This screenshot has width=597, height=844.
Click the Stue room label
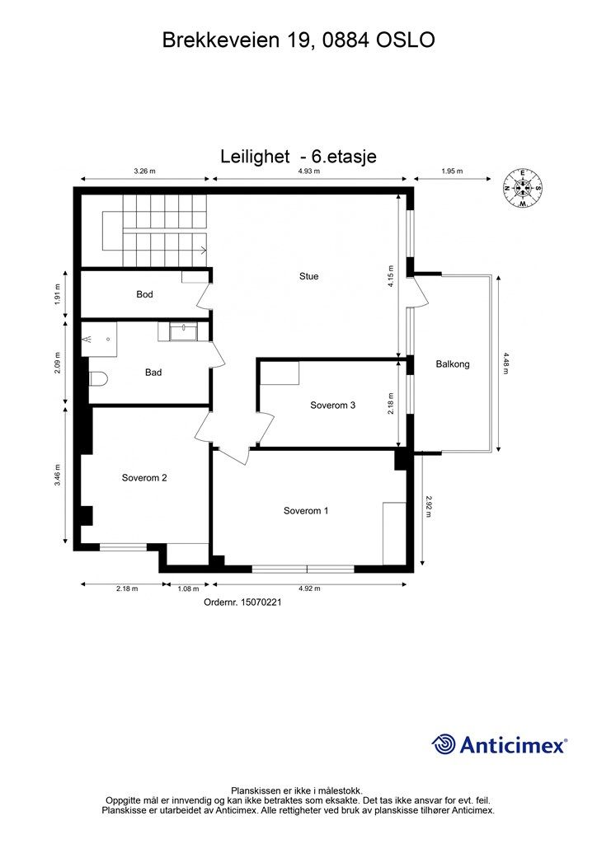click(308, 276)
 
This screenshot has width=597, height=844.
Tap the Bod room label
click(144, 294)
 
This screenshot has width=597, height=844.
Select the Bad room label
click(153, 373)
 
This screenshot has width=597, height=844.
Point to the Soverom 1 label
click(306, 511)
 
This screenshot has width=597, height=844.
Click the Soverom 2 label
click(144, 477)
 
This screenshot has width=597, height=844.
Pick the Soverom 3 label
click(332, 405)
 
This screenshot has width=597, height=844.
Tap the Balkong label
click(453, 363)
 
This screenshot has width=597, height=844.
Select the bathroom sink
click(182, 331)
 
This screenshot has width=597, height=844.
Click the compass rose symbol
click(522, 188)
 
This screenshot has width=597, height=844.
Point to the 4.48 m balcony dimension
click(507, 363)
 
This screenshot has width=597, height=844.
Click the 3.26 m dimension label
click(145, 171)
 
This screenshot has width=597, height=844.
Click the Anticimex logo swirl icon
click(444, 744)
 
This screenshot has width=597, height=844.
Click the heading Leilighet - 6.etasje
click(298, 156)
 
